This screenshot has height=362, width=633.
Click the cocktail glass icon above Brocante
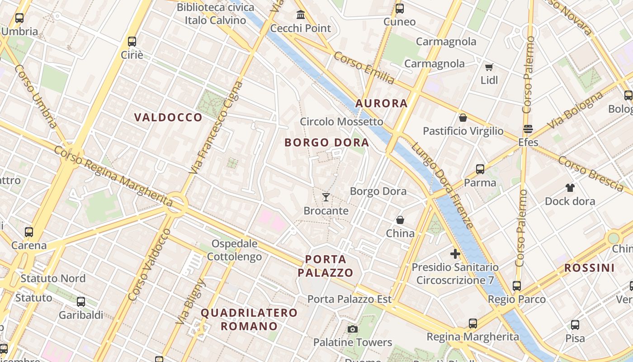(326, 197)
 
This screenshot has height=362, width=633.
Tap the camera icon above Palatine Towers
(353, 329)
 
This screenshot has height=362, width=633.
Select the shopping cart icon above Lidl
(489, 67)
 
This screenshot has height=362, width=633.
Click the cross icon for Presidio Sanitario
(455, 253)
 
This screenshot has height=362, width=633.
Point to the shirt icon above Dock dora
(570, 187)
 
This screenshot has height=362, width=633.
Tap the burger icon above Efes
(528, 129)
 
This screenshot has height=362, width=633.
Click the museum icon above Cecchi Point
(301, 14)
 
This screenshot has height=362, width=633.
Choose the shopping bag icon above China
(400, 220)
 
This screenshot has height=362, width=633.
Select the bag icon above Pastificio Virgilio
(463, 118)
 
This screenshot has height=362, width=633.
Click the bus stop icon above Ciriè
(132, 42)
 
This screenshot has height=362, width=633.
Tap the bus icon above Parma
(480, 169)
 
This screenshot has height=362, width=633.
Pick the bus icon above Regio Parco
(517, 286)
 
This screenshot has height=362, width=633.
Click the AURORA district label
(382, 104)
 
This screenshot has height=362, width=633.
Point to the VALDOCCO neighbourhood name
(168, 118)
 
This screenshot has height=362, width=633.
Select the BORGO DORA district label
(327, 143)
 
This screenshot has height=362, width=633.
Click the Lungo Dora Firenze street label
(442, 185)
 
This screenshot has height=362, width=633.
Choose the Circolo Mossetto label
(341, 122)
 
